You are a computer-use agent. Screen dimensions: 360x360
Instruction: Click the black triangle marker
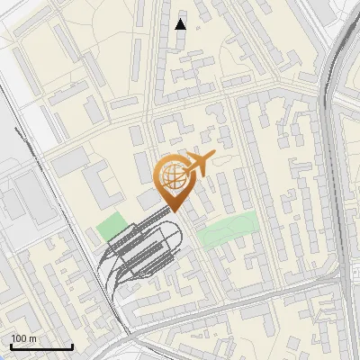coord(181,24)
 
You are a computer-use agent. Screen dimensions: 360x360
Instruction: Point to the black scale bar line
coord(41,346)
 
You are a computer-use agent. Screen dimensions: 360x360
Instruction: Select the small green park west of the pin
coord(112,227)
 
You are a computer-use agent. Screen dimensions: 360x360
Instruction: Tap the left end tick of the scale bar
coord(11,346)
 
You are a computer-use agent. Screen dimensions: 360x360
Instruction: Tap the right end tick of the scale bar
coord(72,346)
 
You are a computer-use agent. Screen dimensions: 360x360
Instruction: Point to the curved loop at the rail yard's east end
coord(179,236)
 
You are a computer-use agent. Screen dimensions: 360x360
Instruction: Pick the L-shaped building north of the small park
coord(101,180)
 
